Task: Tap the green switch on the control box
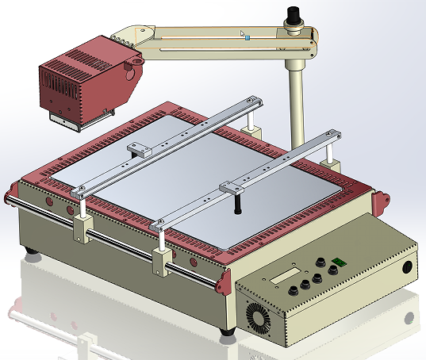click(x=340, y=262)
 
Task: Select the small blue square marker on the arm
click(x=248, y=36)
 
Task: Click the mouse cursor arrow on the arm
click(x=243, y=34)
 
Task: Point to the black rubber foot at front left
click(x=33, y=253)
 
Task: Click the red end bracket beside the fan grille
click(x=223, y=281)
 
